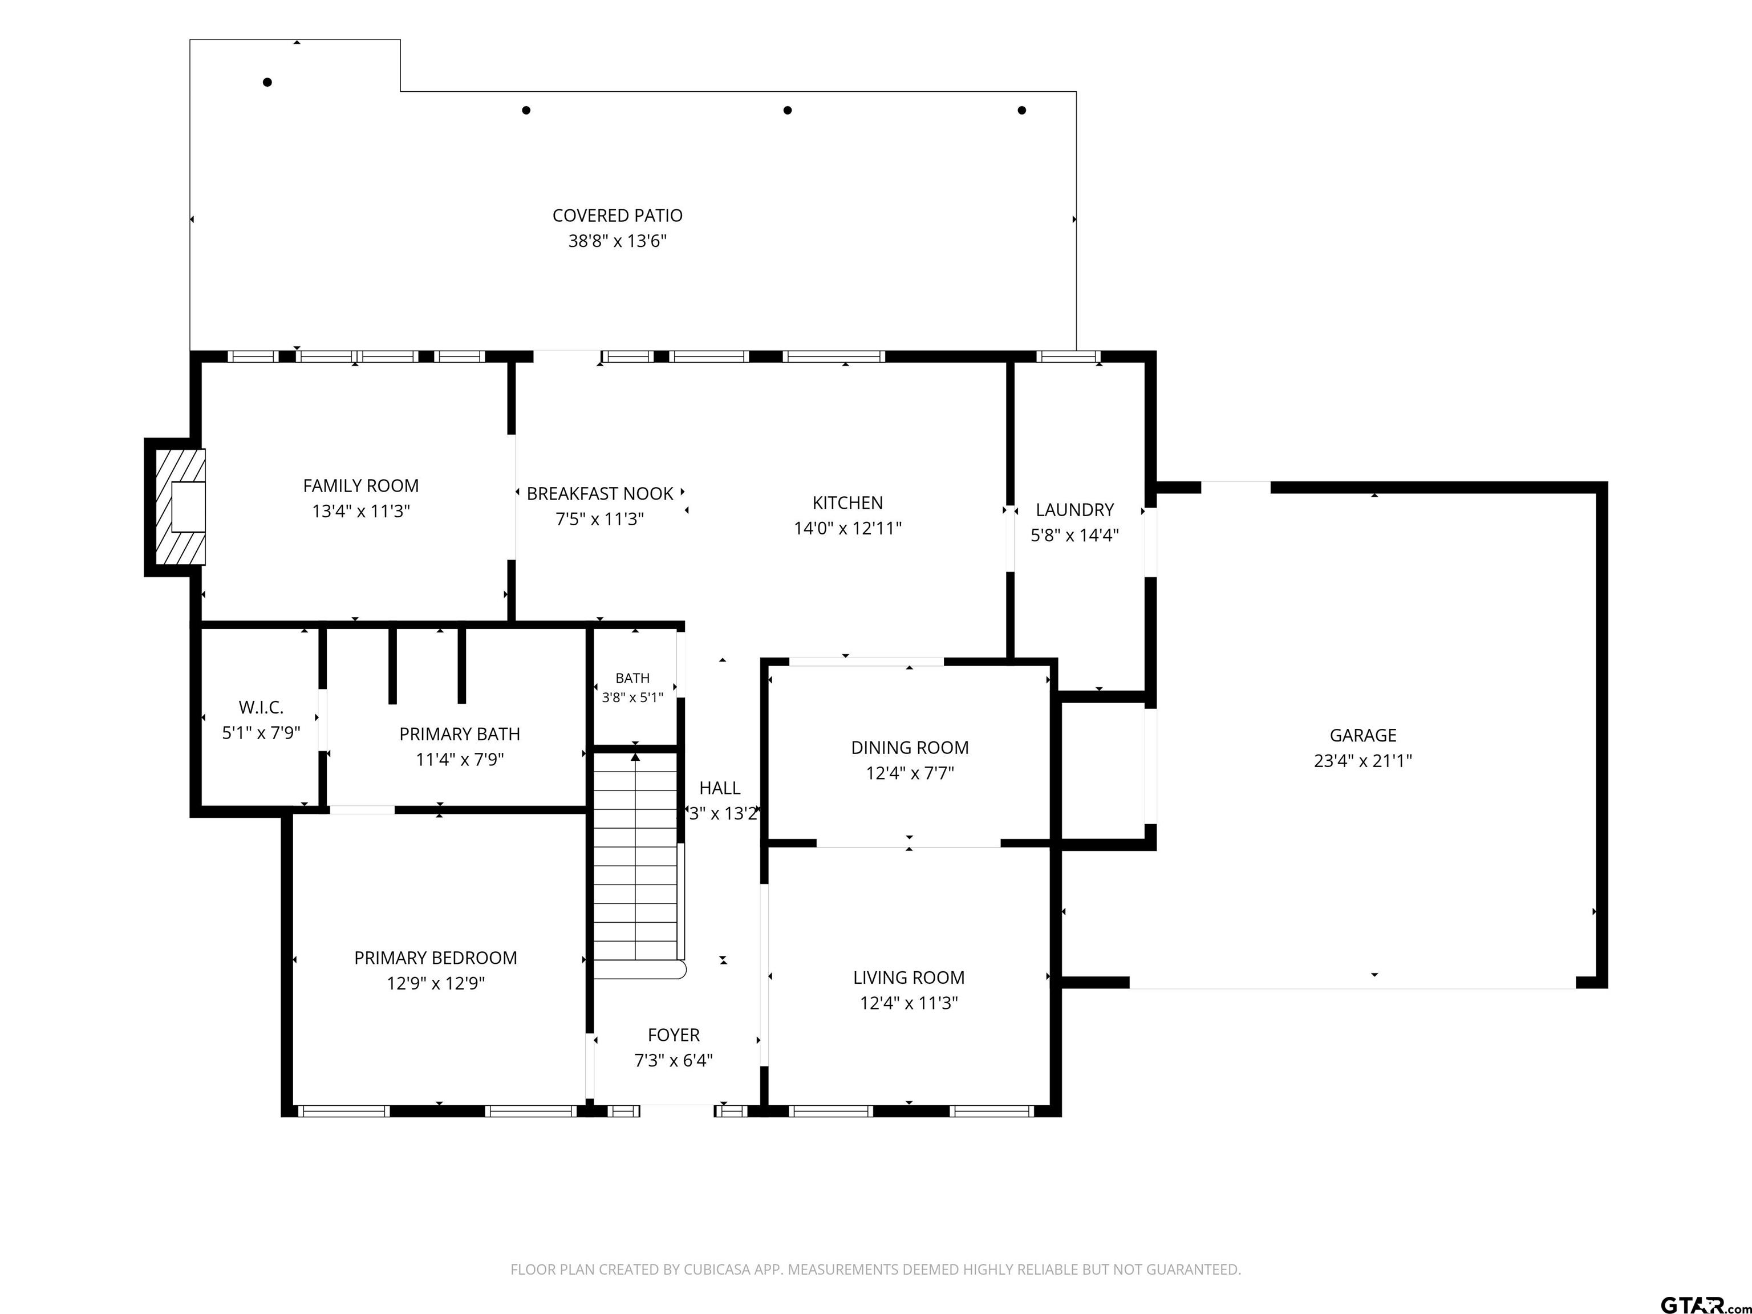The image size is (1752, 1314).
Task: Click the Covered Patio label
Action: click(617, 216)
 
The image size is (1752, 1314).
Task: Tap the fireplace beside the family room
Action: click(180, 507)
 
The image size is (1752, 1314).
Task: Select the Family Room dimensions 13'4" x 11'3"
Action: click(361, 511)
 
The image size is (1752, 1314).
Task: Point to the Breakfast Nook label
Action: click(599, 493)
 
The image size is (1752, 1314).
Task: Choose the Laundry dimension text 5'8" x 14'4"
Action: click(1074, 534)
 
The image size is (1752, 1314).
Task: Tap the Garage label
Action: click(1362, 735)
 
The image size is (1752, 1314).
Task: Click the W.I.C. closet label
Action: click(261, 707)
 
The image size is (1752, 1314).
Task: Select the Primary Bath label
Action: click(459, 734)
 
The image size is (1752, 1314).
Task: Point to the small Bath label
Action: click(632, 678)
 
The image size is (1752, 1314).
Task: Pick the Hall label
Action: click(719, 788)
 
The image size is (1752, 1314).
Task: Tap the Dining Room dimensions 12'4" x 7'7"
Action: click(909, 772)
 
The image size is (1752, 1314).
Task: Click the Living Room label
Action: click(909, 978)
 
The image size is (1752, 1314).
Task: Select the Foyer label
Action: click(673, 1035)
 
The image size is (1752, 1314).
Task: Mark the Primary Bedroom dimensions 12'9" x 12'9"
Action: click(436, 983)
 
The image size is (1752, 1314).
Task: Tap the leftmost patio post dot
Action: click(267, 82)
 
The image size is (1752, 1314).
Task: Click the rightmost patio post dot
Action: click(1022, 110)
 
